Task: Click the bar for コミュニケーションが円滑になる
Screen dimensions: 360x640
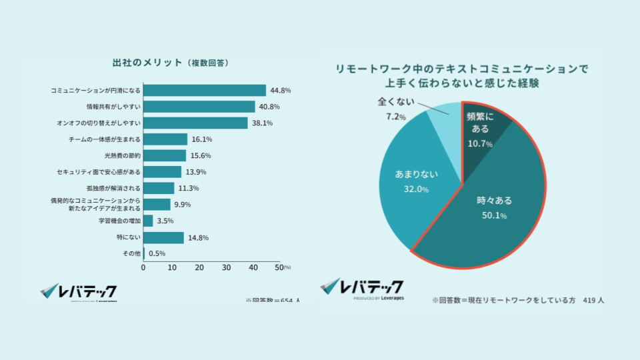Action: (205, 90)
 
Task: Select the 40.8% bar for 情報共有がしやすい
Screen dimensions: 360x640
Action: (199, 107)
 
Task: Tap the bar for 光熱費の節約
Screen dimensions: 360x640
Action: (165, 155)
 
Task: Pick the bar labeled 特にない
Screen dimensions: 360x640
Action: (163, 237)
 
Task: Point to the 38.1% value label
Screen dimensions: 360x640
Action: (262, 123)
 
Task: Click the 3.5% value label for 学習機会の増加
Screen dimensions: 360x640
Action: (165, 221)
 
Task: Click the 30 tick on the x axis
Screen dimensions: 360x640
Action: (227, 267)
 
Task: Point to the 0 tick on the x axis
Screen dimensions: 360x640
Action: (143, 267)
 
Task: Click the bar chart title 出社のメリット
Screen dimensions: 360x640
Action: (147, 63)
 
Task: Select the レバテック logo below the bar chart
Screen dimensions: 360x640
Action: (79, 291)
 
